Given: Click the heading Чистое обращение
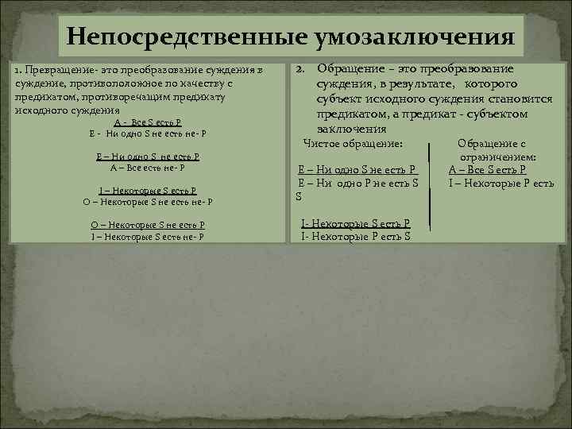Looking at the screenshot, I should coord(354,143).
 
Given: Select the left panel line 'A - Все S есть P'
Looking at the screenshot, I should coord(149,122).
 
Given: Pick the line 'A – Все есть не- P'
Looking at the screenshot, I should coord(148,168).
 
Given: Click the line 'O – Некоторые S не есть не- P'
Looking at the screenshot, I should coord(149,202).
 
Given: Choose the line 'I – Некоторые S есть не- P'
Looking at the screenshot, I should coord(148,236).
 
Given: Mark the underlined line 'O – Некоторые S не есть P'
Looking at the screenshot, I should coord(148,225).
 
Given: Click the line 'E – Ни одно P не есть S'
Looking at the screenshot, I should coord(357,183).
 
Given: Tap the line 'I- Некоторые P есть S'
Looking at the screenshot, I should coord(356,236).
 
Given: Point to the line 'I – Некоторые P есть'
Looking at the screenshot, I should coord(500,184).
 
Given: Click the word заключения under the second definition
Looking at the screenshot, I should coord(351,128).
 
